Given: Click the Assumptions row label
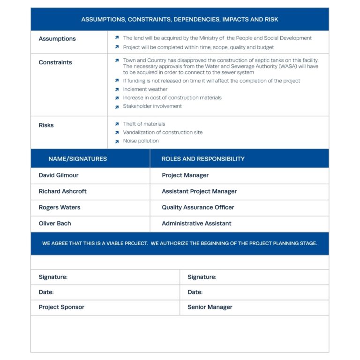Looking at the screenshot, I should (57, 39).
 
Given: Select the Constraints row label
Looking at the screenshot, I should (55, 62).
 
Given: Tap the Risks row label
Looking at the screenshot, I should (46, 125).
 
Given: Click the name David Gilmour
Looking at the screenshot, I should (59, 175).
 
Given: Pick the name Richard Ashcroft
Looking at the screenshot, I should (62, 191).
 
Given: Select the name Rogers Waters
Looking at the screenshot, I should (60, 207).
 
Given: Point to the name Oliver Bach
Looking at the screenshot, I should (55, 224).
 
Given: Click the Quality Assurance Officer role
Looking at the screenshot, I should (198, 207).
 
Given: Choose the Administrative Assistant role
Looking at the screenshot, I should (196, 224).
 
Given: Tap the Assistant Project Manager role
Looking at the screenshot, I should (199, 191).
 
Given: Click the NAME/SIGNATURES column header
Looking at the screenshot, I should (77, 159).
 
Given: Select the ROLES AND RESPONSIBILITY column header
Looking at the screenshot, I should (203, 159).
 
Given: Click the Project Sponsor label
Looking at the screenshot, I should (61, 307).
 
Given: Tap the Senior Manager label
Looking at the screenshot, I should (210, 307).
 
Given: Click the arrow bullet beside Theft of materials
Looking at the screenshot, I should (117, 124).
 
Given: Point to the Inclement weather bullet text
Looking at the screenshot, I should (145, 90).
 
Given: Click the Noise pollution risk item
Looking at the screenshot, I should (141, 141).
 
